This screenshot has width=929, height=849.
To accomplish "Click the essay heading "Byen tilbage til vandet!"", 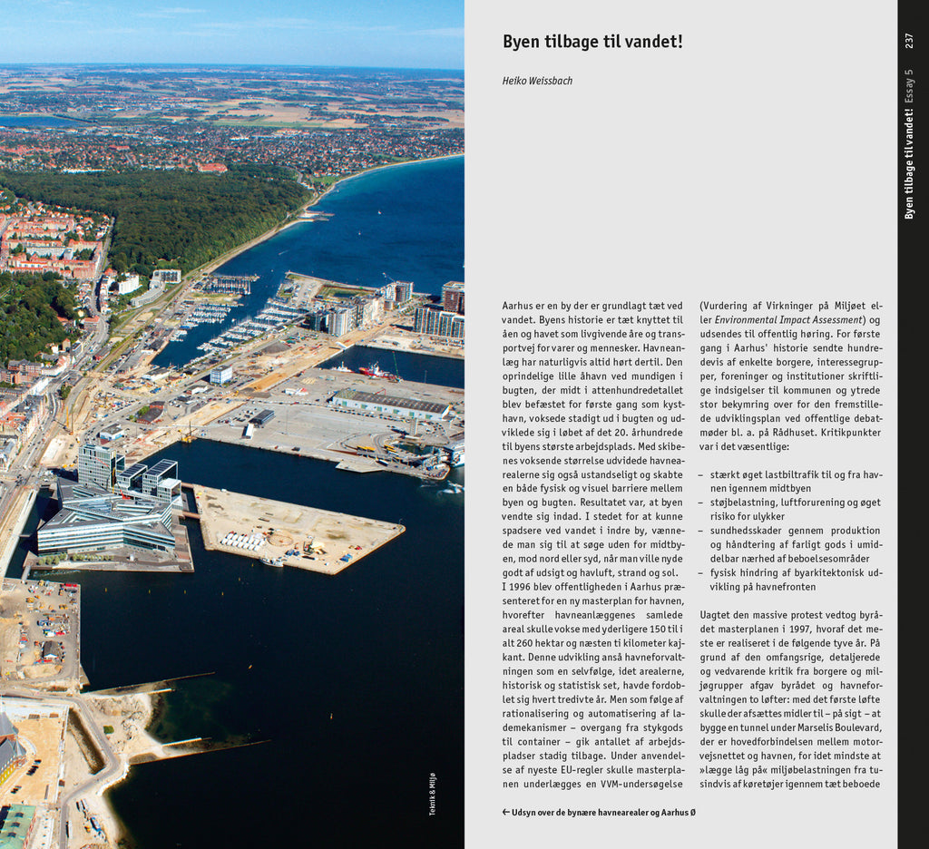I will point(592,42).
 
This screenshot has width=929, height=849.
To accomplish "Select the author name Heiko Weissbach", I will point(537,81).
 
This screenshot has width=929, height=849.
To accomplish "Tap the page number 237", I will point(909,41).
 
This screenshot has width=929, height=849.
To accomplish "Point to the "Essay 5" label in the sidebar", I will point(909,85).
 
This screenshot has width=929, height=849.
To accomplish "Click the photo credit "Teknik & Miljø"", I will point(432,794).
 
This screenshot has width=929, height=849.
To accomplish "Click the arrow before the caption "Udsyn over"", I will point(505,812).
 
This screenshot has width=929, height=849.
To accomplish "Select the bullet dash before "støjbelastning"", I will point(700,503).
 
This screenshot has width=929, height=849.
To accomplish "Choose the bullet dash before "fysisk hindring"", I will point(700,572).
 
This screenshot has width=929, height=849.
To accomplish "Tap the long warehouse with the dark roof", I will point(389,404).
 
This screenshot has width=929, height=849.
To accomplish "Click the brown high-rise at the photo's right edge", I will point(453,297).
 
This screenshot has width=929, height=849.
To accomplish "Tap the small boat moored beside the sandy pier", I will point(271,561).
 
